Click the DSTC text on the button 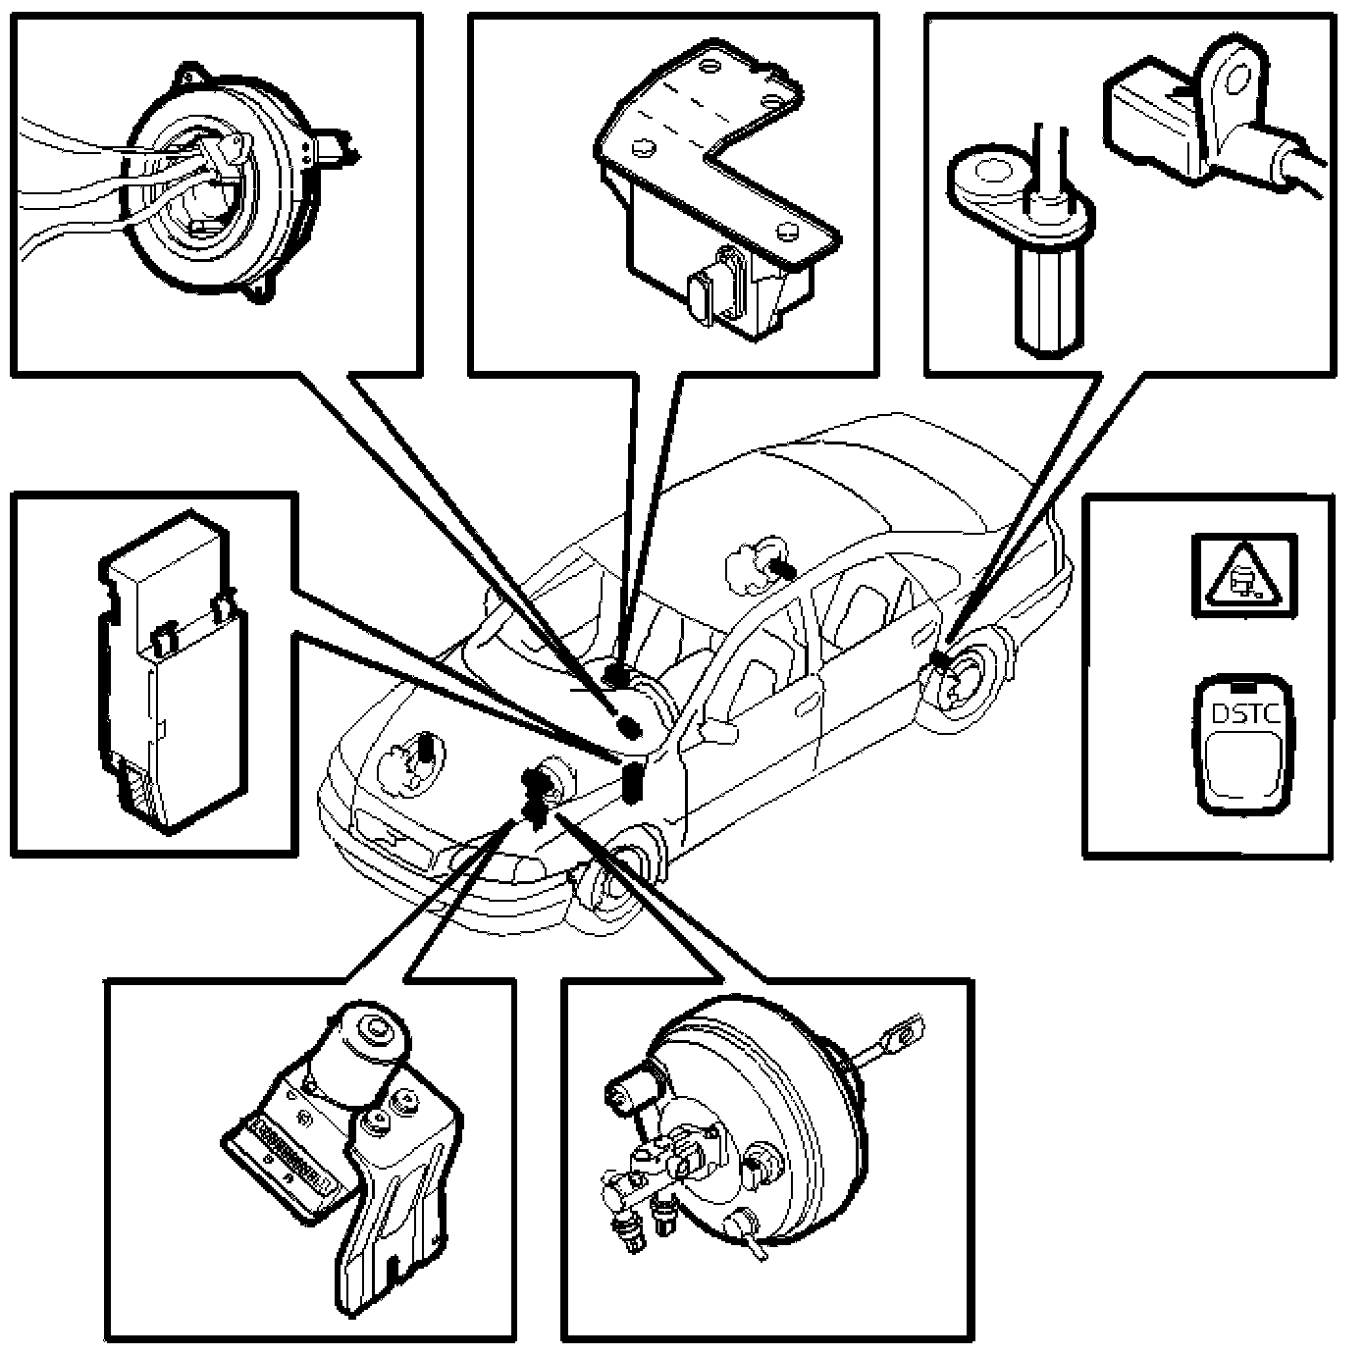(x=1245, y=713)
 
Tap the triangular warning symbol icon (x=1243, y=576)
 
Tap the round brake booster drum (x=765, y=1109)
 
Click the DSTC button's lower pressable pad (x=1244, y=765)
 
